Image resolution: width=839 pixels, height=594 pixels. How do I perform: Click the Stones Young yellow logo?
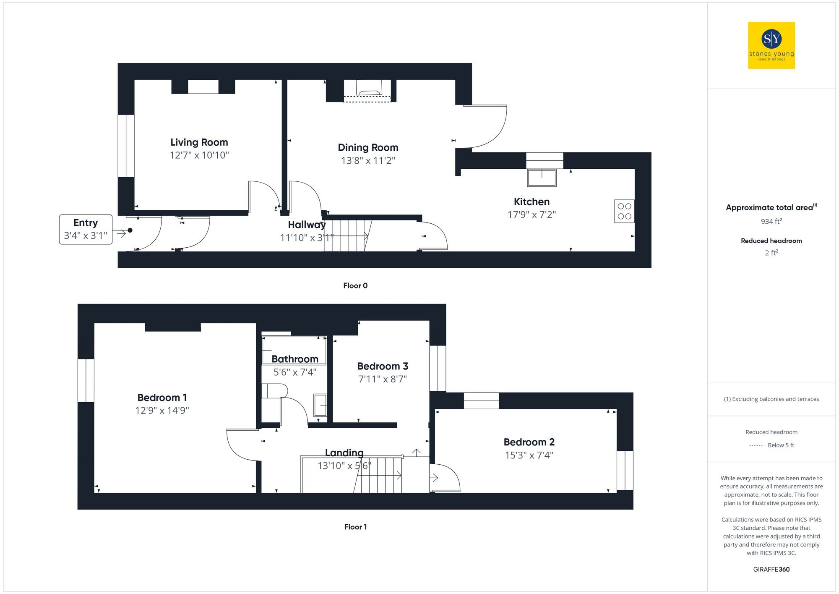coord(771,45)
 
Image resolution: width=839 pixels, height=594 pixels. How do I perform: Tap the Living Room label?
coord(199,142)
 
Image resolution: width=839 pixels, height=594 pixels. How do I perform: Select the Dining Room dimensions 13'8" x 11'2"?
coord(368,160)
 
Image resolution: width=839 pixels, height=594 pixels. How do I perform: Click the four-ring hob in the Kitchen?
coord(624,211)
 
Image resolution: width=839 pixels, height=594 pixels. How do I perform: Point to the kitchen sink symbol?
coord(542,178)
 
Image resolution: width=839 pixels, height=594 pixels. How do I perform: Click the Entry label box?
coord(86,229)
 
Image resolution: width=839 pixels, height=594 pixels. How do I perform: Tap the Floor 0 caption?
coord(355,285)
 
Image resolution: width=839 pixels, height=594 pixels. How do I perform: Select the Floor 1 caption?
coord(355,527)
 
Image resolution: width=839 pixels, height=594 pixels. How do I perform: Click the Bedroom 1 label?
coord(162,398)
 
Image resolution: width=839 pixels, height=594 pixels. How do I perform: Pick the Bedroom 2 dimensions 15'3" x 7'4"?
coord(529,455)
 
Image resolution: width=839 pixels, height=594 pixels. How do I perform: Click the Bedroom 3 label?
coord(383,366)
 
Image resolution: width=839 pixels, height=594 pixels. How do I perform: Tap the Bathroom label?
coord(295,359)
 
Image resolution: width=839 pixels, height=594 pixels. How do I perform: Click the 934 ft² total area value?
coord(771,221)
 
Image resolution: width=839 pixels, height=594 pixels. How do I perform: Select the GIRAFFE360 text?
coord(771,569)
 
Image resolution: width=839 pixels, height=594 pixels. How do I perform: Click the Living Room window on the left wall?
coord(126,146)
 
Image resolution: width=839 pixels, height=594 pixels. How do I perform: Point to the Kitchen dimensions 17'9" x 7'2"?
coord(532,215)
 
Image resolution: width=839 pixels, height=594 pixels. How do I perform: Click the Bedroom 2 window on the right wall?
coord(625,470)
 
